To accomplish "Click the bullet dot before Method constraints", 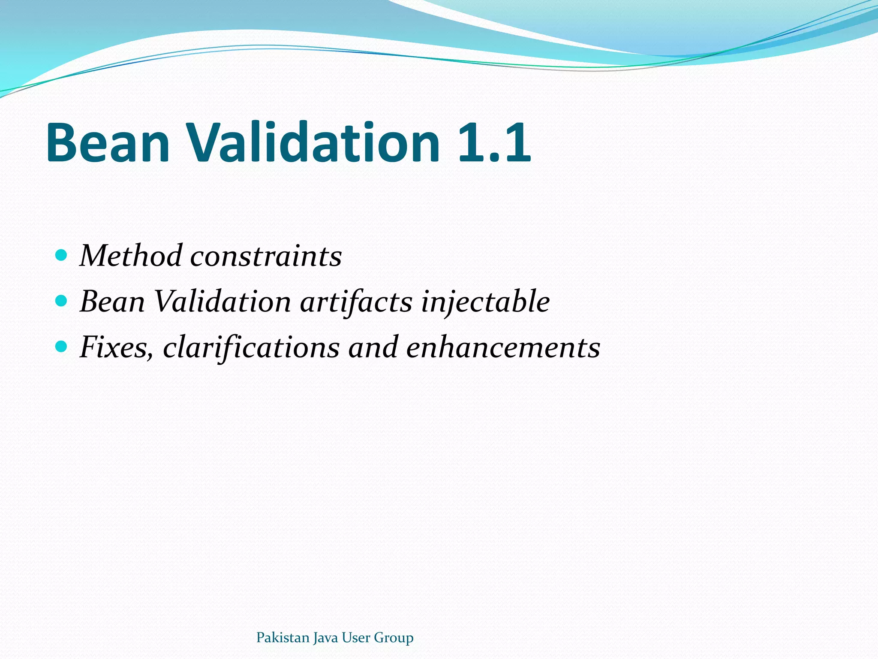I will [61, 255].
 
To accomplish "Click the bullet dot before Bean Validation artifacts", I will [61, 301].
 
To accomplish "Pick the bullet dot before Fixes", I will [61, 346].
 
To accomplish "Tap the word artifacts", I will [356, 302].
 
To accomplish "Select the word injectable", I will [485, 302].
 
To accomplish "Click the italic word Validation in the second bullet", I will [222, 302].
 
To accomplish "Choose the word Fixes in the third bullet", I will [116, 347].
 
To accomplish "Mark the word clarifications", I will [251, 347].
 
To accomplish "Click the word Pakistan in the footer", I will [283, 638].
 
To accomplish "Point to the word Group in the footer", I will [394, 638].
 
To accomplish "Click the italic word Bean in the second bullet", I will [113, 302].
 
